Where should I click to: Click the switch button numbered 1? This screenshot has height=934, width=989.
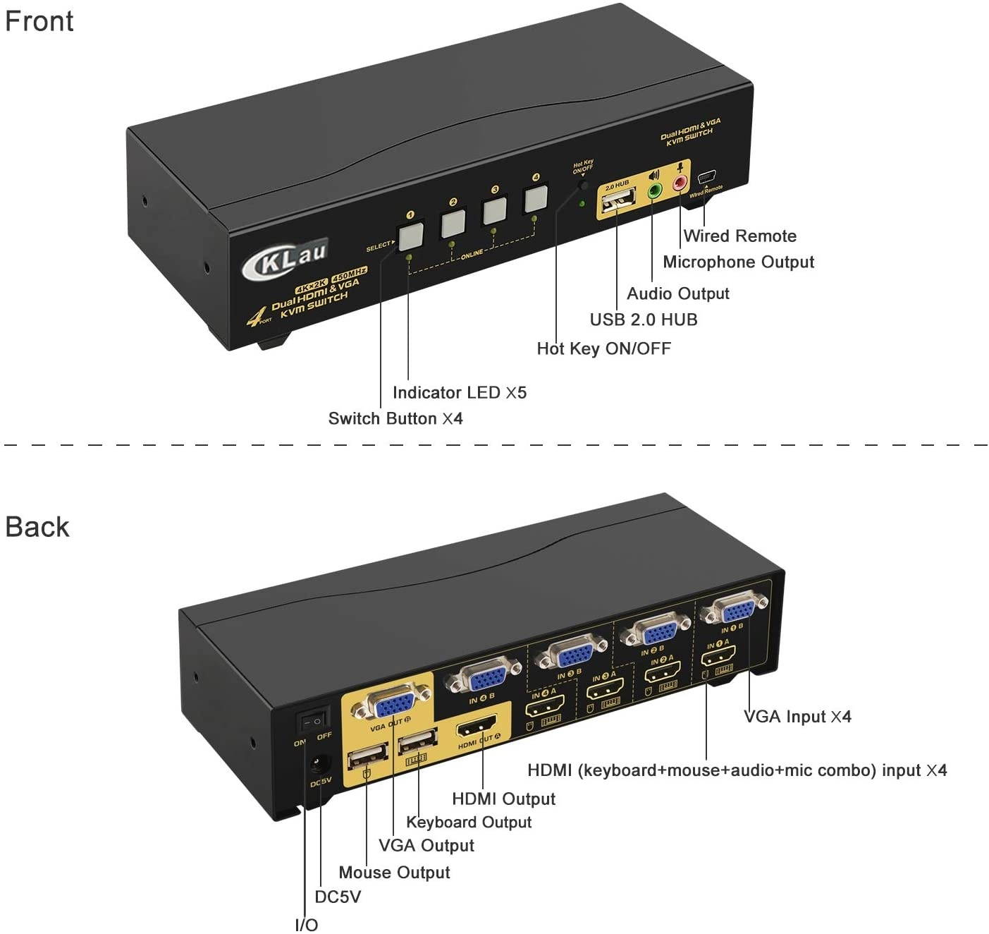point(410,237)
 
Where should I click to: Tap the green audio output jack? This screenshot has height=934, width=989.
point(653,191)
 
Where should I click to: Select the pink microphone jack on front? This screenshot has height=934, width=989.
point(680,183)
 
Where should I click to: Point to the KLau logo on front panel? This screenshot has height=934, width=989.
point(285,257)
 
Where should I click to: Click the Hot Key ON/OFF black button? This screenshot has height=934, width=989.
point(584,186)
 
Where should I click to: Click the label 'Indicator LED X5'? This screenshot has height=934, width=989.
point(459,393)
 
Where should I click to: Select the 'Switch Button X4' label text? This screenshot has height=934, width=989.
point(395,419)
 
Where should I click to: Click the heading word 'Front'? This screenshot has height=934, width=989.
point(39,21)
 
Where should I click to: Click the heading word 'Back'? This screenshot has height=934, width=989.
point(37,527)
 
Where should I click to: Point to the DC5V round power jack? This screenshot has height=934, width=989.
point(321,764)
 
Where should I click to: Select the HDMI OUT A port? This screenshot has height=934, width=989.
point(477,727)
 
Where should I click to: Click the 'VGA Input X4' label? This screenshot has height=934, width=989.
point(797,717)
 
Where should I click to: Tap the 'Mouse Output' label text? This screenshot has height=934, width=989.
point(394,873)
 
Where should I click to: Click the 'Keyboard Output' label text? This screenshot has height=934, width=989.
point(469,823)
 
